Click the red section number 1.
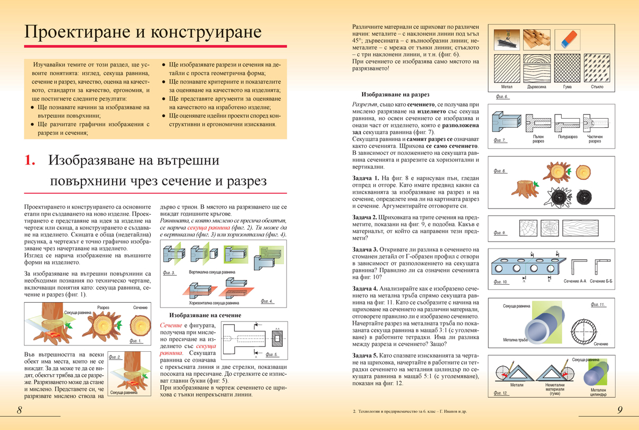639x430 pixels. (30, 161)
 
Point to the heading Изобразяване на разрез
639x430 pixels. (395, 93)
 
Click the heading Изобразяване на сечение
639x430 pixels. (205, 315)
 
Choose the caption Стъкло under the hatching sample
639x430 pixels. (597, 86)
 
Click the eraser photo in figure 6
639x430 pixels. (567, 38)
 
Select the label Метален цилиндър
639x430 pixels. (597, 391)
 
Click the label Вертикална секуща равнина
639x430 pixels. (211, 272)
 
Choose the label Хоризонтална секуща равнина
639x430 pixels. (211, 303)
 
